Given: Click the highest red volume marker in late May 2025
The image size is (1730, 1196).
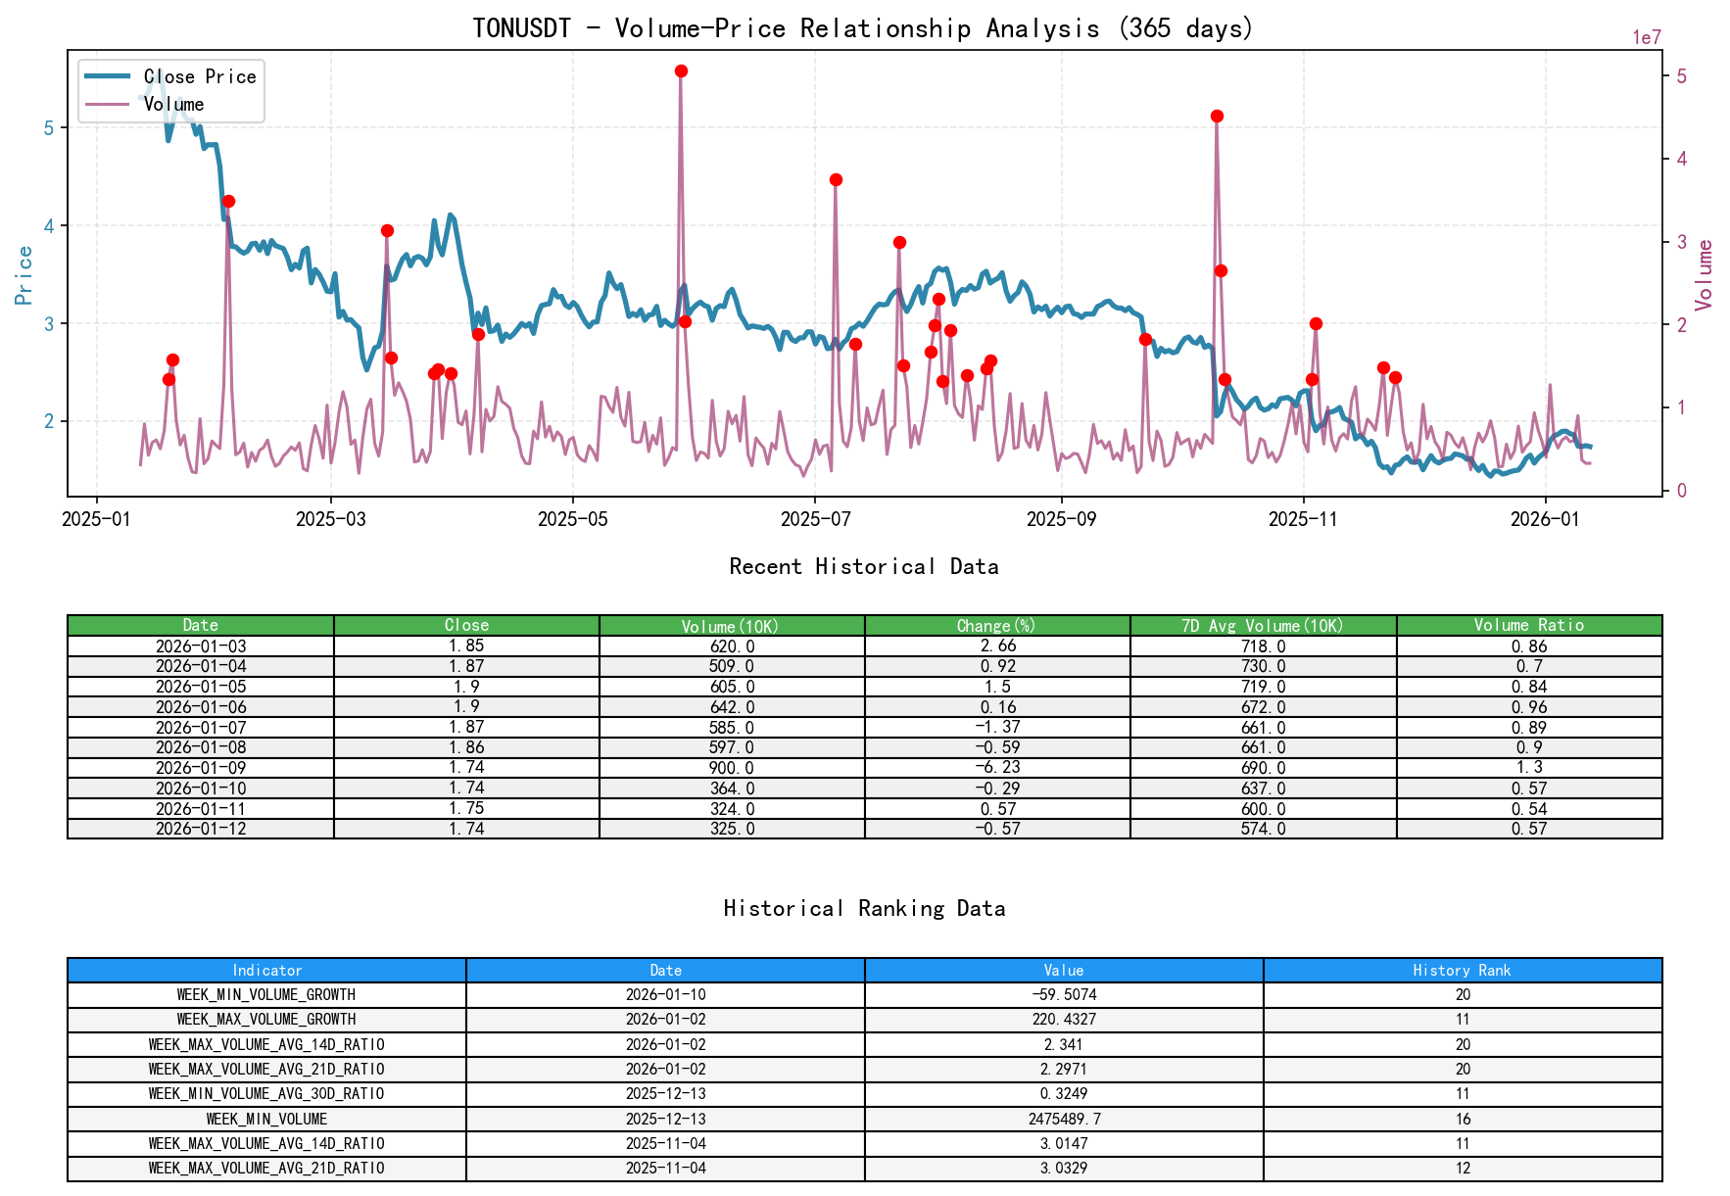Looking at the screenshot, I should [681, 72].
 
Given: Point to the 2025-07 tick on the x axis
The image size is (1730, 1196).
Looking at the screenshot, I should [815, 519].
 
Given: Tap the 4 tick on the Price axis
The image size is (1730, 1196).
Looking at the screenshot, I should [49, 226].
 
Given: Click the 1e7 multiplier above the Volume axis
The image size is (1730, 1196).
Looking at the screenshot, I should [1646, 38].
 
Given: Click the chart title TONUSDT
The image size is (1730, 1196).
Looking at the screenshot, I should [521, 28].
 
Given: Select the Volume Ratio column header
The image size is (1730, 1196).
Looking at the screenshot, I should [1528, 625].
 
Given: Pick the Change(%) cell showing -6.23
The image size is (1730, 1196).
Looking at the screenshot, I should [997, 768].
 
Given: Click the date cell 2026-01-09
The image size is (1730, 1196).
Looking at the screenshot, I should [201, 768].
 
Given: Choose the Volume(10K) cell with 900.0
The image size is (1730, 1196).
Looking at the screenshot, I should [732, 768].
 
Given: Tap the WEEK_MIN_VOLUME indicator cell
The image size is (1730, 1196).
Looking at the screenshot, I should [266, 1119].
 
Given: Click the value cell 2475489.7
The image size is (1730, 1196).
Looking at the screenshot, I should [1064, 1119].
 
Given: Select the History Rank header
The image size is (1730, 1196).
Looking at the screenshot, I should [1462, 970].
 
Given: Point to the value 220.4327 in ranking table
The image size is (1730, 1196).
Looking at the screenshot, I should [1064, 1019].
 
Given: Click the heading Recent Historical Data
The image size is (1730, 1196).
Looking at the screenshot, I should [863, 566].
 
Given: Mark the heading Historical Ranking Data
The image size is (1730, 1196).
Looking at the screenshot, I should [863, 908].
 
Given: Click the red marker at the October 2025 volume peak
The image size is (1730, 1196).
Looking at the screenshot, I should [1217, 116].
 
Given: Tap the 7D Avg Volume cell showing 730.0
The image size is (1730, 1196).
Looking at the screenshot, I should [1263, 666].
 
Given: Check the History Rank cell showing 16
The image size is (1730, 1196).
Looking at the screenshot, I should [1462, 1119].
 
